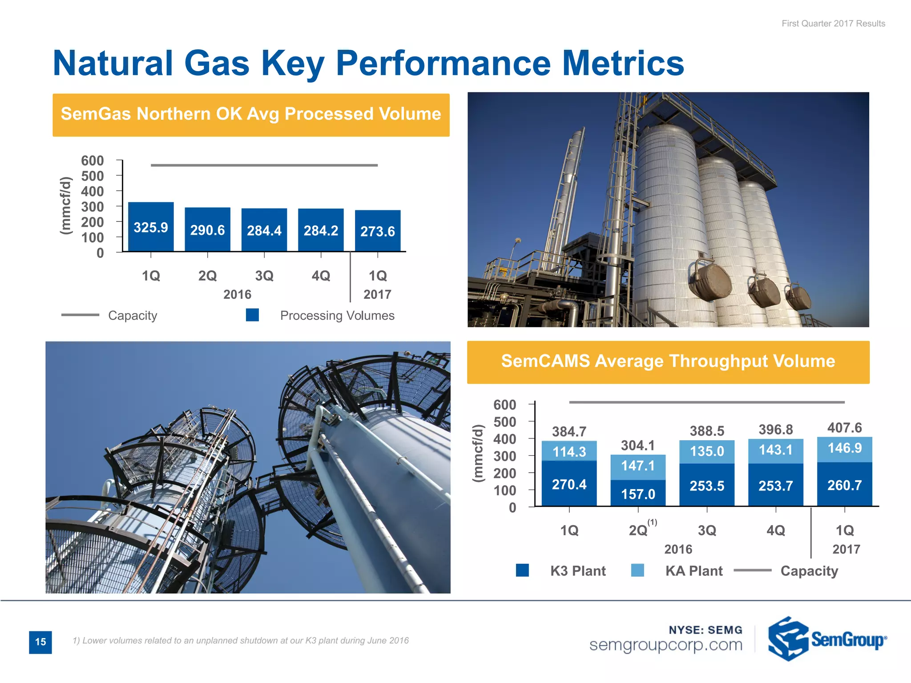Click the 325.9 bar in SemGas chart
click(151, 227)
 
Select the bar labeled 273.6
click(378, 231)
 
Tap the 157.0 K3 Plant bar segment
click(638, 493)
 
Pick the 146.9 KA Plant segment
click(844, 448)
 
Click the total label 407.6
click(844, 428)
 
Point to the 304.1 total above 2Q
click(638, 445)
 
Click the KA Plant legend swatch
click(637, 570)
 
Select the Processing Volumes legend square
click(252, 315)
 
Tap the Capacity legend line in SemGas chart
click(81, 315)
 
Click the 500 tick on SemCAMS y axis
click(505, 422)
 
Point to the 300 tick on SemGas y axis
click(93, 206)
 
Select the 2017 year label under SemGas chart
click(377, 294)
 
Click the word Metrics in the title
click(623, 63)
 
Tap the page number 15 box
click(40, 642)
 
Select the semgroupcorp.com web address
click(665, 645)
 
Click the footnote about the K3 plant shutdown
click(241, 640)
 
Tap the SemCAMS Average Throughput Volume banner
click(668, 362)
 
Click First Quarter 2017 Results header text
click(833, 24)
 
